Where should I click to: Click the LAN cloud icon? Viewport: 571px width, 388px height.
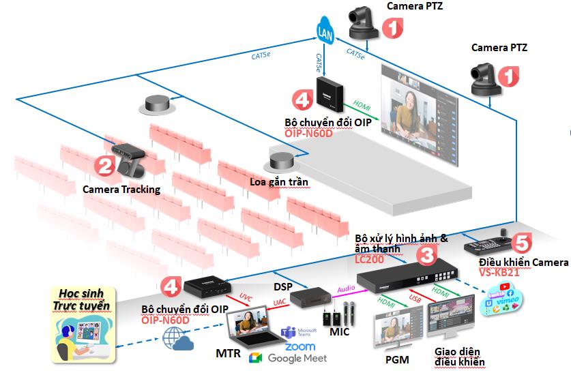pyautogui.click(x=326, y=31)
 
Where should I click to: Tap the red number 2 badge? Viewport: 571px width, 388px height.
pyautogui.click(x=104, y=166)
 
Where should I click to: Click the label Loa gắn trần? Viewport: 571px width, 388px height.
pyautogui.click(x=280, y=182)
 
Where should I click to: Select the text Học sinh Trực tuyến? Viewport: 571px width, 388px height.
pyautogui.click(x=80, y=299)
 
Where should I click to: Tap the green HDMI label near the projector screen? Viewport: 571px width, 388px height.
pyautogui.click(x=363, y=106)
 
